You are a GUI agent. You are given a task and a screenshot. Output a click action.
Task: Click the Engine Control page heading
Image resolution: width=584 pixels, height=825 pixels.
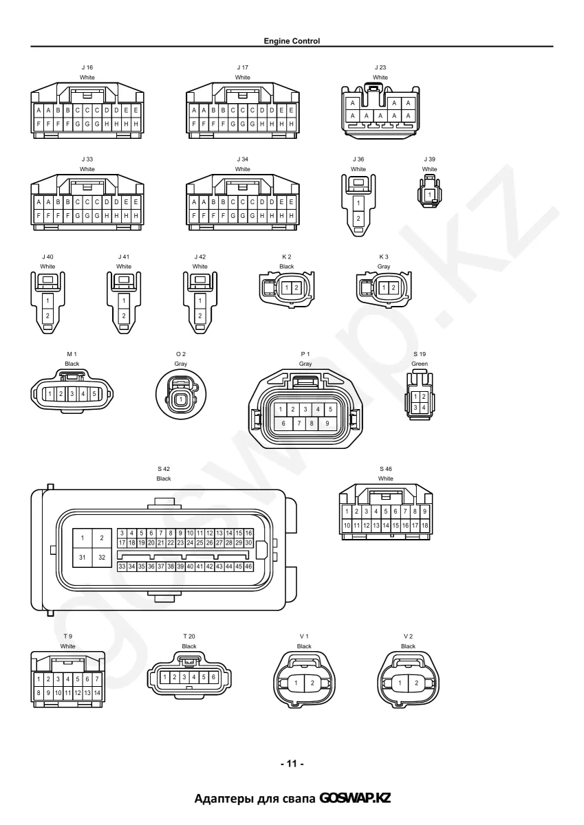pos(292,41)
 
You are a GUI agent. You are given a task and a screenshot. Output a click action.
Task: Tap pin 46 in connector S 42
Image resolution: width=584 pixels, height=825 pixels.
pos(248,566)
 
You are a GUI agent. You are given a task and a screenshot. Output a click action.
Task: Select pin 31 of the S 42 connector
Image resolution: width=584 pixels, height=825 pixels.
pos(82,558)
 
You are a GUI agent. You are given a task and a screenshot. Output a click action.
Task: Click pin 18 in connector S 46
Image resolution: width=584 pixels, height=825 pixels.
pos(424,525)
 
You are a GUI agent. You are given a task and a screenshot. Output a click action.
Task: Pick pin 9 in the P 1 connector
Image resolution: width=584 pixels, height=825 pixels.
pos(327,423)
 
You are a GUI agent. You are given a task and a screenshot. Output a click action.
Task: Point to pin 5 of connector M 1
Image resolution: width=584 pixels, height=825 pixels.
pos(94,394)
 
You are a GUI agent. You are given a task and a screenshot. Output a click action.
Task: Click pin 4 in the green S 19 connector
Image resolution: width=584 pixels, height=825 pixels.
pos(424,408)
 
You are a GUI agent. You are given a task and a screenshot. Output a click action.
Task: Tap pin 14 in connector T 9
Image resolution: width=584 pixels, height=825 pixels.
pos(97,693)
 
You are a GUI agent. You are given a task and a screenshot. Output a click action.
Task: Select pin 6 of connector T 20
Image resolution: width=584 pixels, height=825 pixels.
pos(213,677)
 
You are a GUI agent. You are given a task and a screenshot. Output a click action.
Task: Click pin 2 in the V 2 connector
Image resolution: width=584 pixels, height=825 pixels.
pos(416,683)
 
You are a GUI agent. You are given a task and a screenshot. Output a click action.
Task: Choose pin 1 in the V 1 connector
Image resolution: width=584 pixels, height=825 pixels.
pos(296,683)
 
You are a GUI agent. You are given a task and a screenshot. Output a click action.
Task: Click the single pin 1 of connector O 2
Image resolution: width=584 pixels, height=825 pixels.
pos(180,399)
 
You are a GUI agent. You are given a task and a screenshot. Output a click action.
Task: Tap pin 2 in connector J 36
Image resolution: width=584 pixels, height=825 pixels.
pos(358,219)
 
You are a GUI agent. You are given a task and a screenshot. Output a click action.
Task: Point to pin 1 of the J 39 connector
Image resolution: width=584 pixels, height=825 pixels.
pos(429,195)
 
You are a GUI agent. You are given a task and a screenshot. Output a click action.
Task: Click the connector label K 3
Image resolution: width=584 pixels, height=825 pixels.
pos(384,256)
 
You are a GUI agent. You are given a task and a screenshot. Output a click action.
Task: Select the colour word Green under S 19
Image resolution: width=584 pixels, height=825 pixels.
pos(420,364)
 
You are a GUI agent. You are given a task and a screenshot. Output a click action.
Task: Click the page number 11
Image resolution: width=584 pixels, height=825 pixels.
pos(292,764)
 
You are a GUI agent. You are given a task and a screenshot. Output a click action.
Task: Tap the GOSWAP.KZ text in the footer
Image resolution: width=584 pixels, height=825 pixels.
pos(355,797)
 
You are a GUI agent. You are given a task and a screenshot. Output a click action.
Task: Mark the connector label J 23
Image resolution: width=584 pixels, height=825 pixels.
pos(380,67)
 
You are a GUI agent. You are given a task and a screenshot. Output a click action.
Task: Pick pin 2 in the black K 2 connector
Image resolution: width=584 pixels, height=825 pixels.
pos(296,287)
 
